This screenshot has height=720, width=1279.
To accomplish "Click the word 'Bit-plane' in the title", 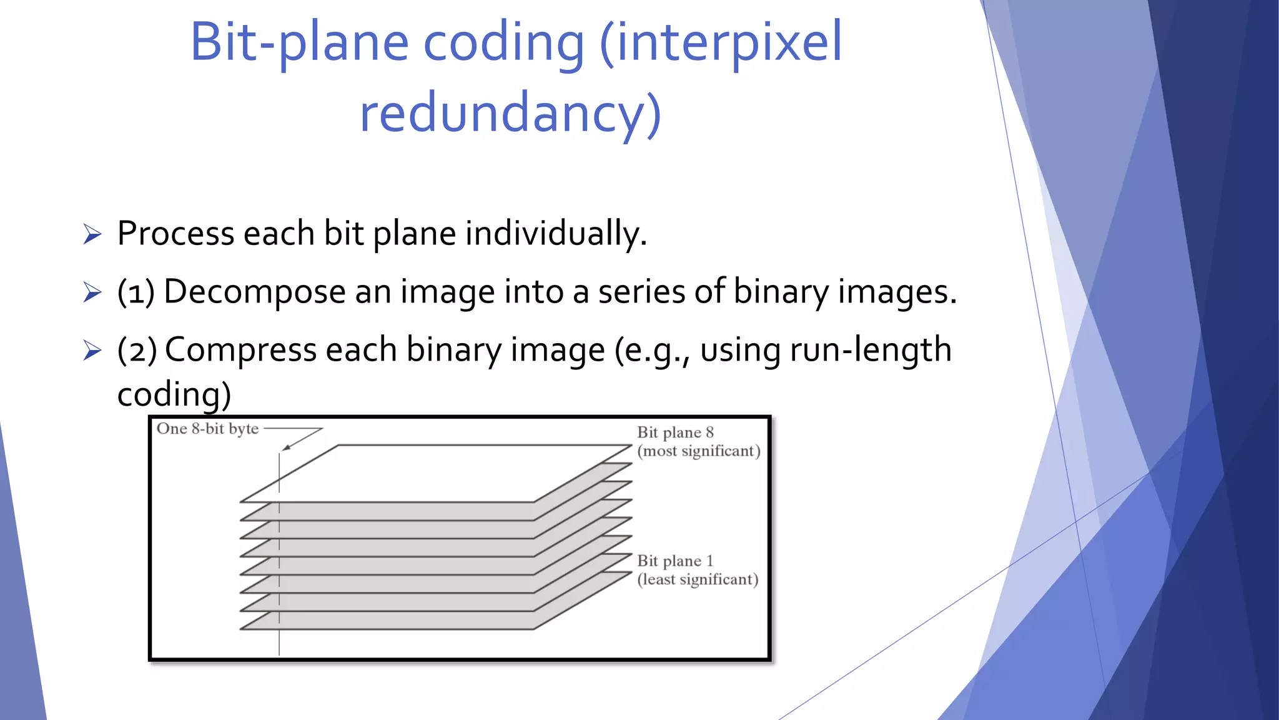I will click(299, 42).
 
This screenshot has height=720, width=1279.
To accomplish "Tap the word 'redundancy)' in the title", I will click(510, 114).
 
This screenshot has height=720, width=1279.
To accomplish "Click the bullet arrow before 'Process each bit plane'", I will click(92, 234).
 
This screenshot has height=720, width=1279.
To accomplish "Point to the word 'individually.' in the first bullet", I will click(556, 234).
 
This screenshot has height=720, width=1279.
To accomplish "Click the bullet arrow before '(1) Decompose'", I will click(92, 292).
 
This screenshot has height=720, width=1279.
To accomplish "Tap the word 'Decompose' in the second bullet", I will click(255, 292).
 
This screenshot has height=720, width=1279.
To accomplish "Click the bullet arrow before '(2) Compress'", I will click(92, 351).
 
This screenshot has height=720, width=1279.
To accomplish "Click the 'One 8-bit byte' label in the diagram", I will click(207, 429).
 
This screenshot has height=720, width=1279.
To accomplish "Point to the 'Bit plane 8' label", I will click(675, 432).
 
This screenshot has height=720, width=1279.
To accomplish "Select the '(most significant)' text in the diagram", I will click(698, 451).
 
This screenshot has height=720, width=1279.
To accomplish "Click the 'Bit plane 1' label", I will click(674, 561).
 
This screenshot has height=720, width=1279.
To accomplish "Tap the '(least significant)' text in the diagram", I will click(698, 580).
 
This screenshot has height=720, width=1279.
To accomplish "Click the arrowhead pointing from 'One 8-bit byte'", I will click(286, 447).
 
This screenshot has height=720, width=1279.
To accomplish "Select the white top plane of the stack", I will click(437, 473).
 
